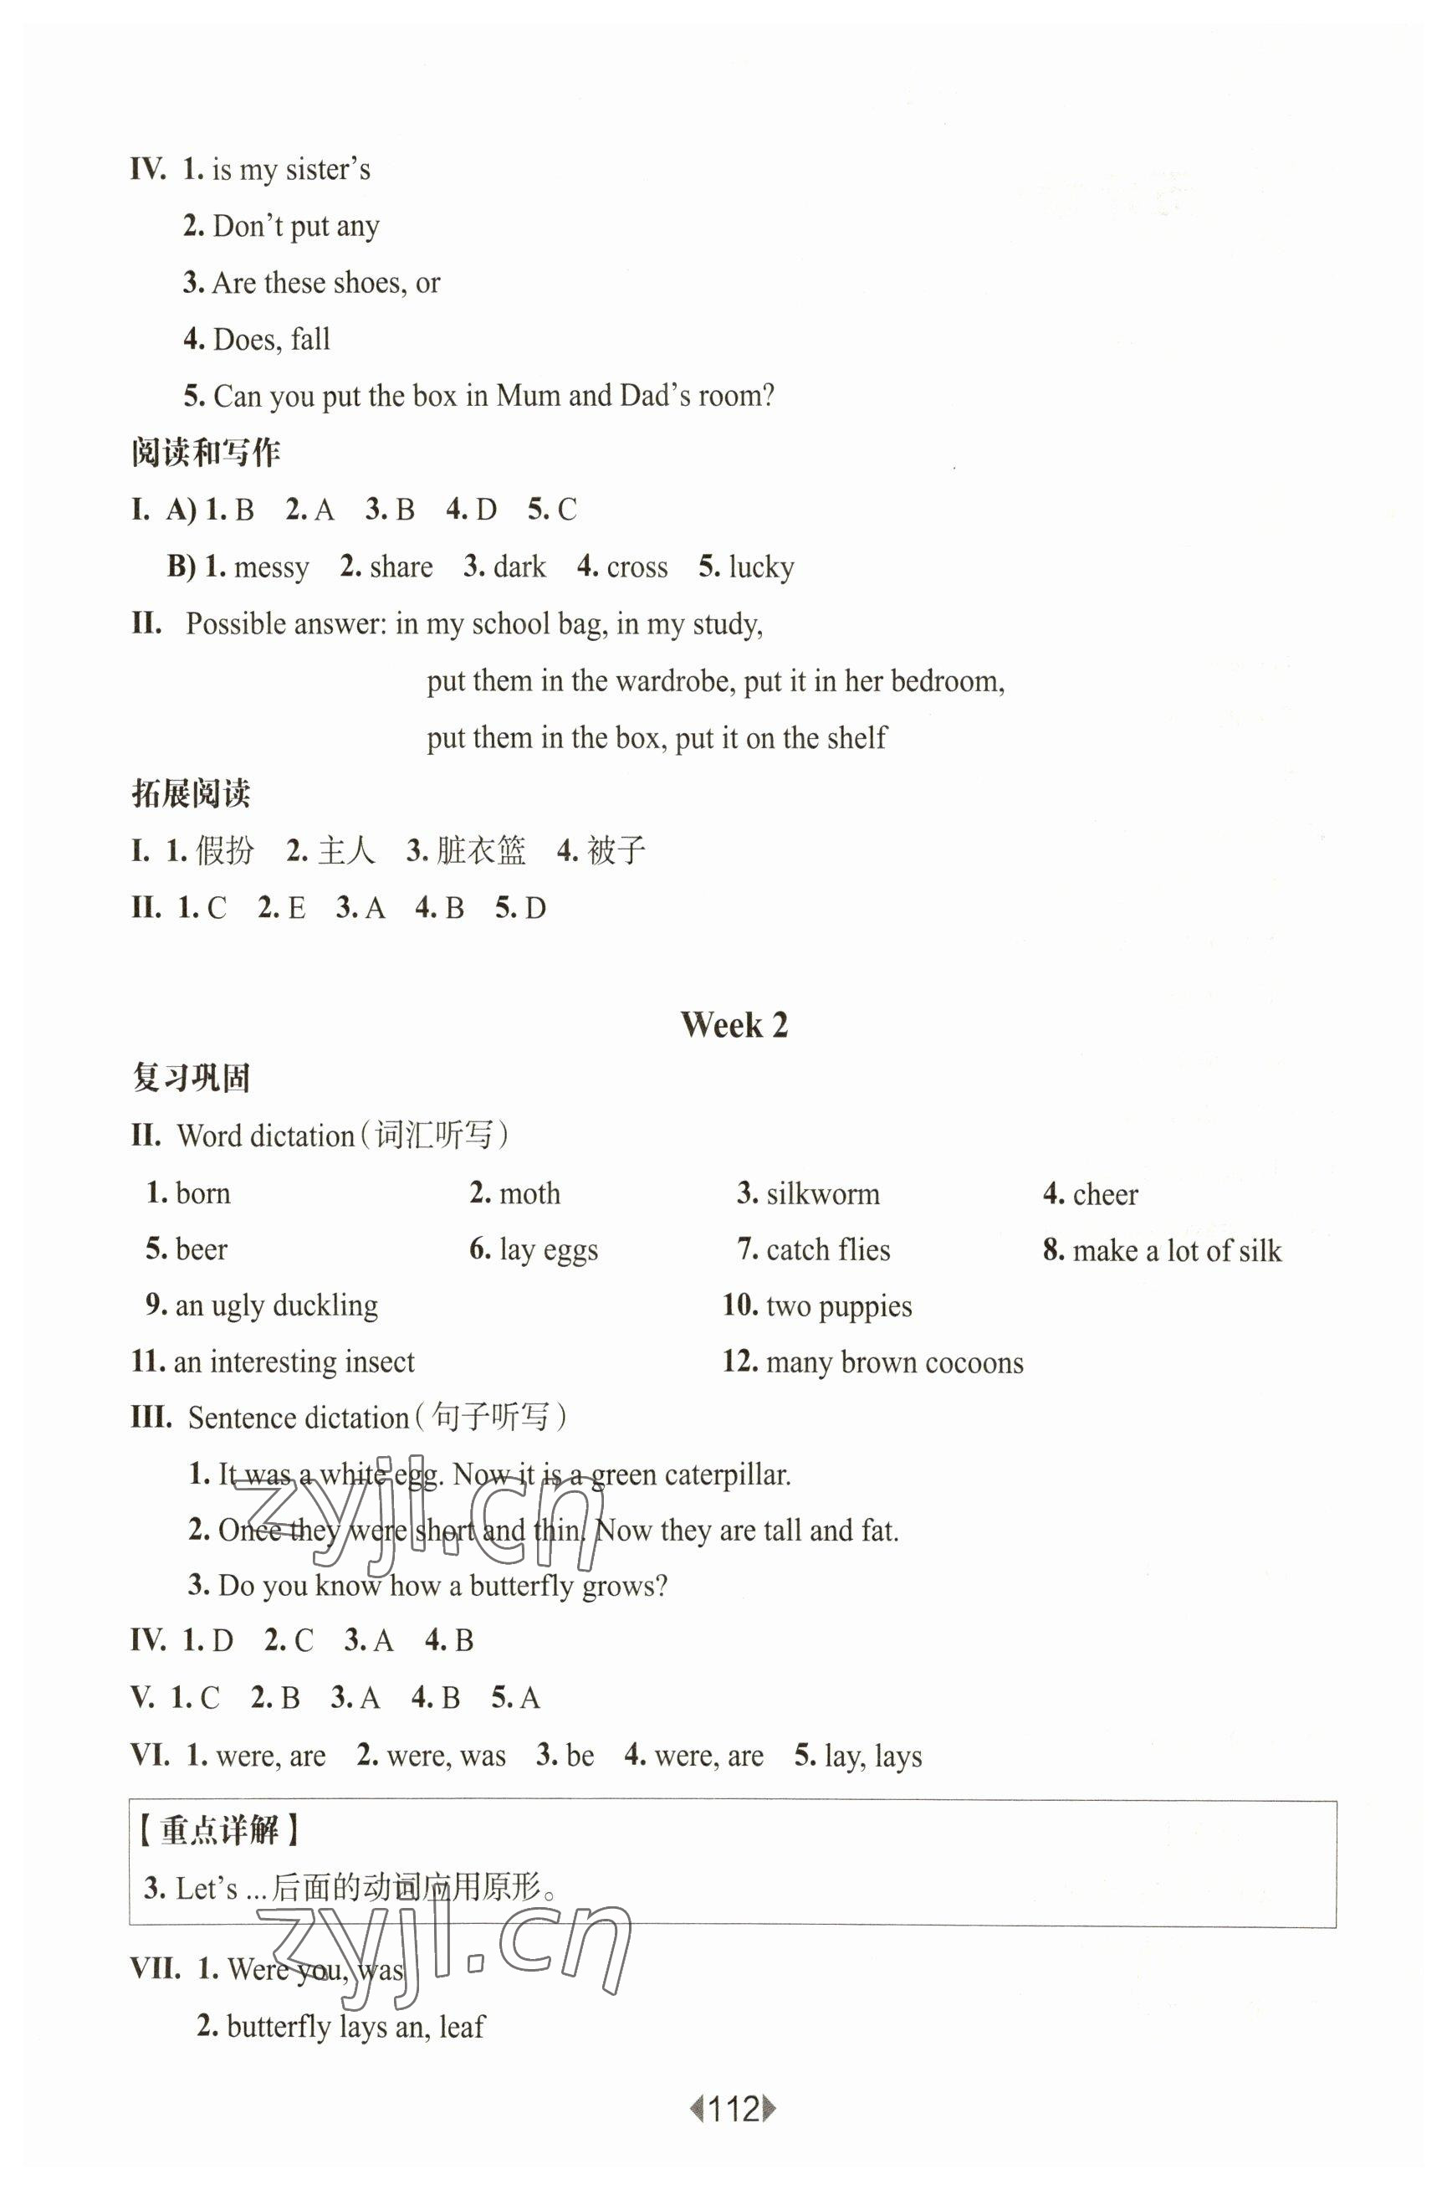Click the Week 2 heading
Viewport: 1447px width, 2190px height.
pos(734,1025)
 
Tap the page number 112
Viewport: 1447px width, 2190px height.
pos(734,2109)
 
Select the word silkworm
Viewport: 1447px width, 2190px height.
pos(822,1194)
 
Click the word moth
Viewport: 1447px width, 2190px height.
pos(529,1194)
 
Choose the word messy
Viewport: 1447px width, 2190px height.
pos(271,567)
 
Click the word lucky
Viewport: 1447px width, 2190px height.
pos(760,567)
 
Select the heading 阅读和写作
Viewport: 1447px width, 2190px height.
pos(206,453)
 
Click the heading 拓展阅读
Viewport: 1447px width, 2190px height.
pos(191,794)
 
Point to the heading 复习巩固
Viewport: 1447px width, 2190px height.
pos(191,1079)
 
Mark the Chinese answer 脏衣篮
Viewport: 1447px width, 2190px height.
pos(480,850)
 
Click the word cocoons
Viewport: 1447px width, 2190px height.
pos(974,1362)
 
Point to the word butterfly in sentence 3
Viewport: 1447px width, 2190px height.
pos(521,1586)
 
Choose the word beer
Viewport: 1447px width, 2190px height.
pos(202,1250)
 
